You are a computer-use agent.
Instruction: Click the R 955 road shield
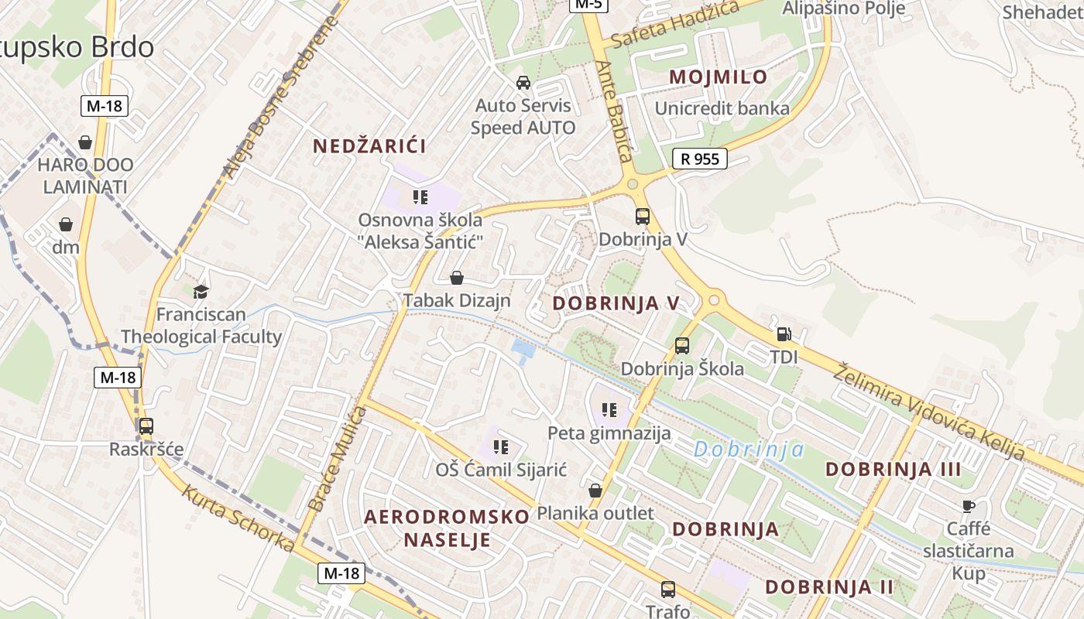700,159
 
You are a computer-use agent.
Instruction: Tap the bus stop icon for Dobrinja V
642,217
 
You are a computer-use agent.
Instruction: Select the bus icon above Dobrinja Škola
681,346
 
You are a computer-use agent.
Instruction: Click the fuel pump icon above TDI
784,334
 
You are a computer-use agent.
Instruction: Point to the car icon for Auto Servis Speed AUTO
523,83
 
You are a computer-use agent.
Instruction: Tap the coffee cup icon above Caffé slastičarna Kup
968,506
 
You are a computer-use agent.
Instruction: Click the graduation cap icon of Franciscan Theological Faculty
201,292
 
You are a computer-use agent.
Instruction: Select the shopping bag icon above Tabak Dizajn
457,278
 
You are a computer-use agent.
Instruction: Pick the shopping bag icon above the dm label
66,224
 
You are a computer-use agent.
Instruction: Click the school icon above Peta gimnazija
609,409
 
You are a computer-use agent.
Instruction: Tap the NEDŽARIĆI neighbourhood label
369,145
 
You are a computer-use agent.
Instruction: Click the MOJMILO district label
718,77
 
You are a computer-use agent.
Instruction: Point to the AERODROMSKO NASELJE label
447,528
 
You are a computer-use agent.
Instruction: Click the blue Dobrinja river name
748,450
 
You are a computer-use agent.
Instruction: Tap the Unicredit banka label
722,108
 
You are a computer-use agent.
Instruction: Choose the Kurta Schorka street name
238,518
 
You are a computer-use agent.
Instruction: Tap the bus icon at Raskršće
146,426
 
